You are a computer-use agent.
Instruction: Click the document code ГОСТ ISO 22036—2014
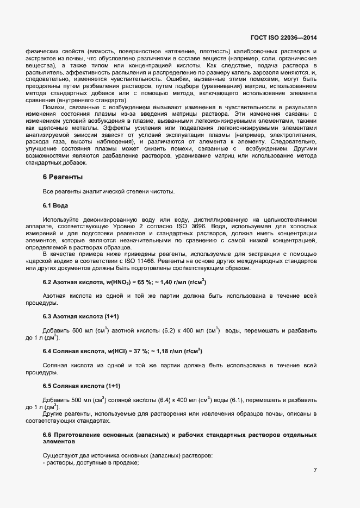coord(283,37)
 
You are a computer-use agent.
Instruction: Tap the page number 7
coord(315,470)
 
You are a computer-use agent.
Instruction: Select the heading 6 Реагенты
coord(63,177)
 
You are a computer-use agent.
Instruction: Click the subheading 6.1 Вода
coord(55,205)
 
